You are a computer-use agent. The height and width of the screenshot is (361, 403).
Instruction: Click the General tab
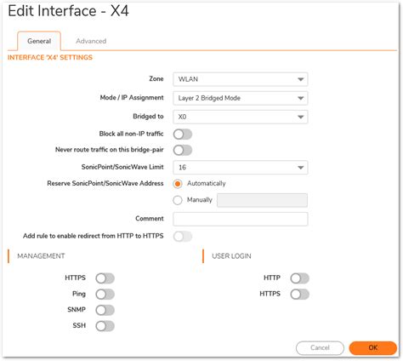point(39,41)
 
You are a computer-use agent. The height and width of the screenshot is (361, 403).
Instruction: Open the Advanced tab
point(91,41)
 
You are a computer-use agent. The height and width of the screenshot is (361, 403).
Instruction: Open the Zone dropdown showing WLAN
point(240,80)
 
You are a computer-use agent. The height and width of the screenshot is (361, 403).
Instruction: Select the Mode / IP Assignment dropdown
point(240,98)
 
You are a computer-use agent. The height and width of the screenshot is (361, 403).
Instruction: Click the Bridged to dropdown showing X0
point(240,116)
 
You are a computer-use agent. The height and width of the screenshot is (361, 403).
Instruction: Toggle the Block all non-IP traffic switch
point(182,134)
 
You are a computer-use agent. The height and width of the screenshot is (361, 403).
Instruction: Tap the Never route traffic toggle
point(182,151)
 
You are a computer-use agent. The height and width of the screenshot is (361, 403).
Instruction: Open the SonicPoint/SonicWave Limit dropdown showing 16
point(240,168)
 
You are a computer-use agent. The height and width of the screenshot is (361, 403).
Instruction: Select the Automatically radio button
point(178,183)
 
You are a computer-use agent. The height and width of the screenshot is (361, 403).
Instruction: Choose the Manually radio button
point(178,200)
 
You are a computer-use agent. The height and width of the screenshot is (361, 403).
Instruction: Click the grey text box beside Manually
point(262,201)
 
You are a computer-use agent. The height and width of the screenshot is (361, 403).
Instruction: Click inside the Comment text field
point(240,219)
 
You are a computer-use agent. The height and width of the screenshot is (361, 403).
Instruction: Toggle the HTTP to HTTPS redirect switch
point(182,236)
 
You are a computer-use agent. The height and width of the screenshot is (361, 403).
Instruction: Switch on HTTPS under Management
point(105,278)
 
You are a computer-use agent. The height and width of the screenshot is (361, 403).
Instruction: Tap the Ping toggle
point(105,294)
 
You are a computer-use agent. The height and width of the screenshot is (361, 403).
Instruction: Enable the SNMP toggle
point(105,310)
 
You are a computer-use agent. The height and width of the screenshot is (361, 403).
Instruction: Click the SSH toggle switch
point(105,325)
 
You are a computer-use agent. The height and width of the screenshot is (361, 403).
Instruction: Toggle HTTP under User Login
point(299,278)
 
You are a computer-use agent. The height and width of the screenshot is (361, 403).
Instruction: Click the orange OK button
point(372,347)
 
